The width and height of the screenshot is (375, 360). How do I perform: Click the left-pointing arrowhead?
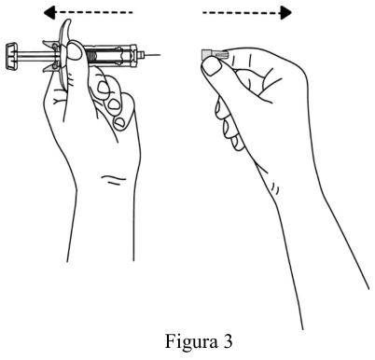coord(49,12)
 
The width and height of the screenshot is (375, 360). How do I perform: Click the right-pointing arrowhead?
coord(286,13)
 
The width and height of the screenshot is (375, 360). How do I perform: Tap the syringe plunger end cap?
coord(11,56)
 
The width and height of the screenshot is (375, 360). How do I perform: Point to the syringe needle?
coord(153,55)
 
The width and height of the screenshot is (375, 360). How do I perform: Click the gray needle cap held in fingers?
coord(215,55)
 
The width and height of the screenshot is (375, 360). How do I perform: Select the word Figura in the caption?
coord(191,342)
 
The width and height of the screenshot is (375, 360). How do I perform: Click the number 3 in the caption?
coord(228,341)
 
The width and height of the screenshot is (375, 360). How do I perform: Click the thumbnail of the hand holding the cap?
coord(212,67)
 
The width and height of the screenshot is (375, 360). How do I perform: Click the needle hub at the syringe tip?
coord(141,55)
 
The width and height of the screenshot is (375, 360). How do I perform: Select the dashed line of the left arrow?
coord(94,12)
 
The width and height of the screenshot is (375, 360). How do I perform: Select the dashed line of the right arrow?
coord(242,13)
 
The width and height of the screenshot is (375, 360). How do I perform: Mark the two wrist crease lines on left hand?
coord(114,179)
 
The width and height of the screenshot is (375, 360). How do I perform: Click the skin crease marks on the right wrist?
coord(274,187)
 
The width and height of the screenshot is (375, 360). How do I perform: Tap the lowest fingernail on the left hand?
coord(118,123)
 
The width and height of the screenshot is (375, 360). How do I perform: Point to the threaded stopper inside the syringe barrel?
coord(91,56)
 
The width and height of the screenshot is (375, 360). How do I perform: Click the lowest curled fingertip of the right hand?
coord(239,143)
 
